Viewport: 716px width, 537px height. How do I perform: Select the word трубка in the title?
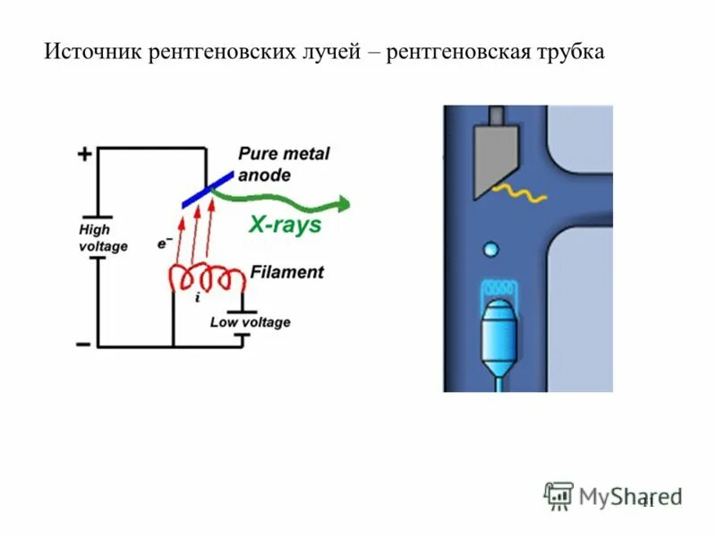(569, 53)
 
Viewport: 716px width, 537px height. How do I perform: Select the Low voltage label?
(250, 322)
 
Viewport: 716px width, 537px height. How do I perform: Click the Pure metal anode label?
(283, 164)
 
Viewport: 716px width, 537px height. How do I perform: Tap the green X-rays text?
(285, 226)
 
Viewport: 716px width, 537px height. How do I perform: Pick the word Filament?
(286, 272)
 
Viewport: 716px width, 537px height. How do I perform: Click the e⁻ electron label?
(164, 242)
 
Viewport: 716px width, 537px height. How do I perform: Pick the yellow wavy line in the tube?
(522, 192)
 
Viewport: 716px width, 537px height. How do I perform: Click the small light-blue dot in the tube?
(490, 248)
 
